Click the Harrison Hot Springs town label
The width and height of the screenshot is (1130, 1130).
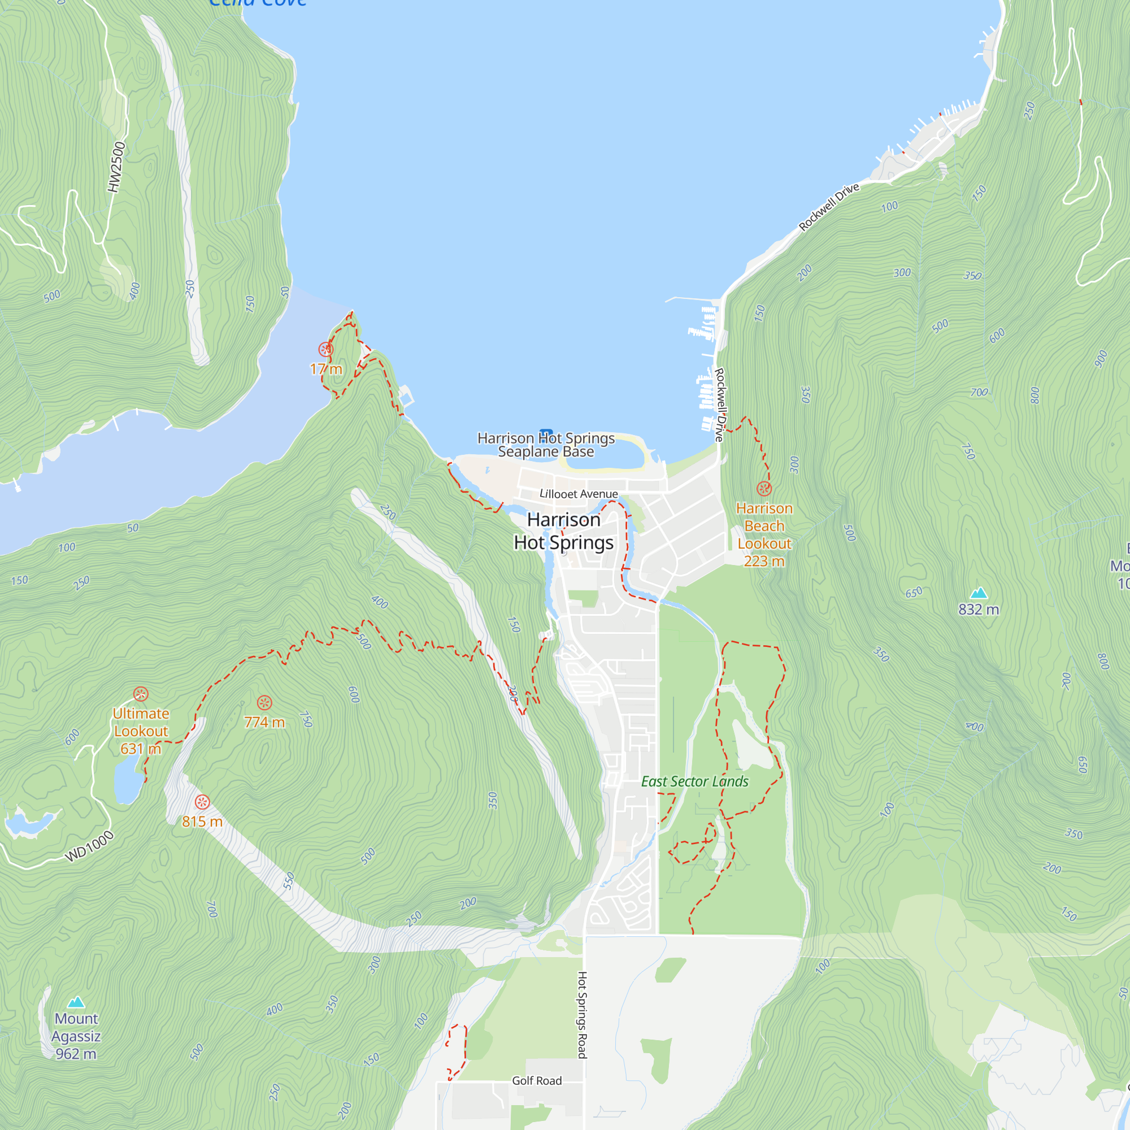[563, 531]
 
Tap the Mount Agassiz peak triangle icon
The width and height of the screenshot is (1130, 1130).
[76, 1003]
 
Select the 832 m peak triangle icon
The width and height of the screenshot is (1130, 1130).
[979, 593]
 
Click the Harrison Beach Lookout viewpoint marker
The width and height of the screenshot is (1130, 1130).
[764, 488]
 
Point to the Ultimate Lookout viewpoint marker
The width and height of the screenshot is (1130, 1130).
[140, 694]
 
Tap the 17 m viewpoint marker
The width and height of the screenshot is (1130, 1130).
[326, 350]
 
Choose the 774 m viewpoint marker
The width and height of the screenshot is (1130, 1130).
[264, 703]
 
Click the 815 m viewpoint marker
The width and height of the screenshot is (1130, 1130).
[202, 802]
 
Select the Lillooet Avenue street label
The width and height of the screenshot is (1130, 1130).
[579, 494]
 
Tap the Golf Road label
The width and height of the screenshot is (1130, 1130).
[536, 1081]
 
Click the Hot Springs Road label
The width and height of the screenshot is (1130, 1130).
[582, 1015]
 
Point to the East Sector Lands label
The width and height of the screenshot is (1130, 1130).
[694, 781]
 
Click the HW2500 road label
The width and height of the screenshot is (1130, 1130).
[116, 167]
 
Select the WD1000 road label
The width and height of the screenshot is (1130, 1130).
[89, 846]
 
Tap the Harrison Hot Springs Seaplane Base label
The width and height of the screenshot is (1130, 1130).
[546, 445]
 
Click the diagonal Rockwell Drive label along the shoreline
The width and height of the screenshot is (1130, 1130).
[829, 206]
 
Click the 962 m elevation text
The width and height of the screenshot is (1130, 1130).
[76, 1054]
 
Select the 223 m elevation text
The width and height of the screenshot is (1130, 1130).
[764, 561]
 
